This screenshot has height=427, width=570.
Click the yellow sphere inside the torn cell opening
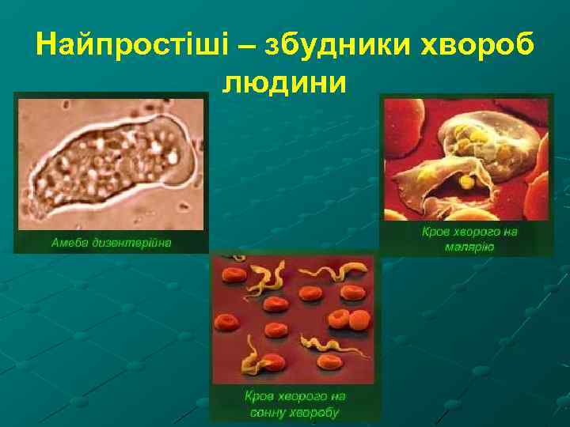coord(468,181)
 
